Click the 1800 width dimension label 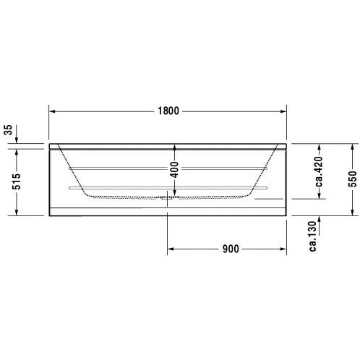168,111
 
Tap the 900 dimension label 231,249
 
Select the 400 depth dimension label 175,170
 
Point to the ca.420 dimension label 319,171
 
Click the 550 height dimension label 352,179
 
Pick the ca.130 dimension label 312,236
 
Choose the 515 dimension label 17,181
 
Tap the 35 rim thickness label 9,130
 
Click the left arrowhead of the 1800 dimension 52,111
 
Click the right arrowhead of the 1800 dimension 283,111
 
